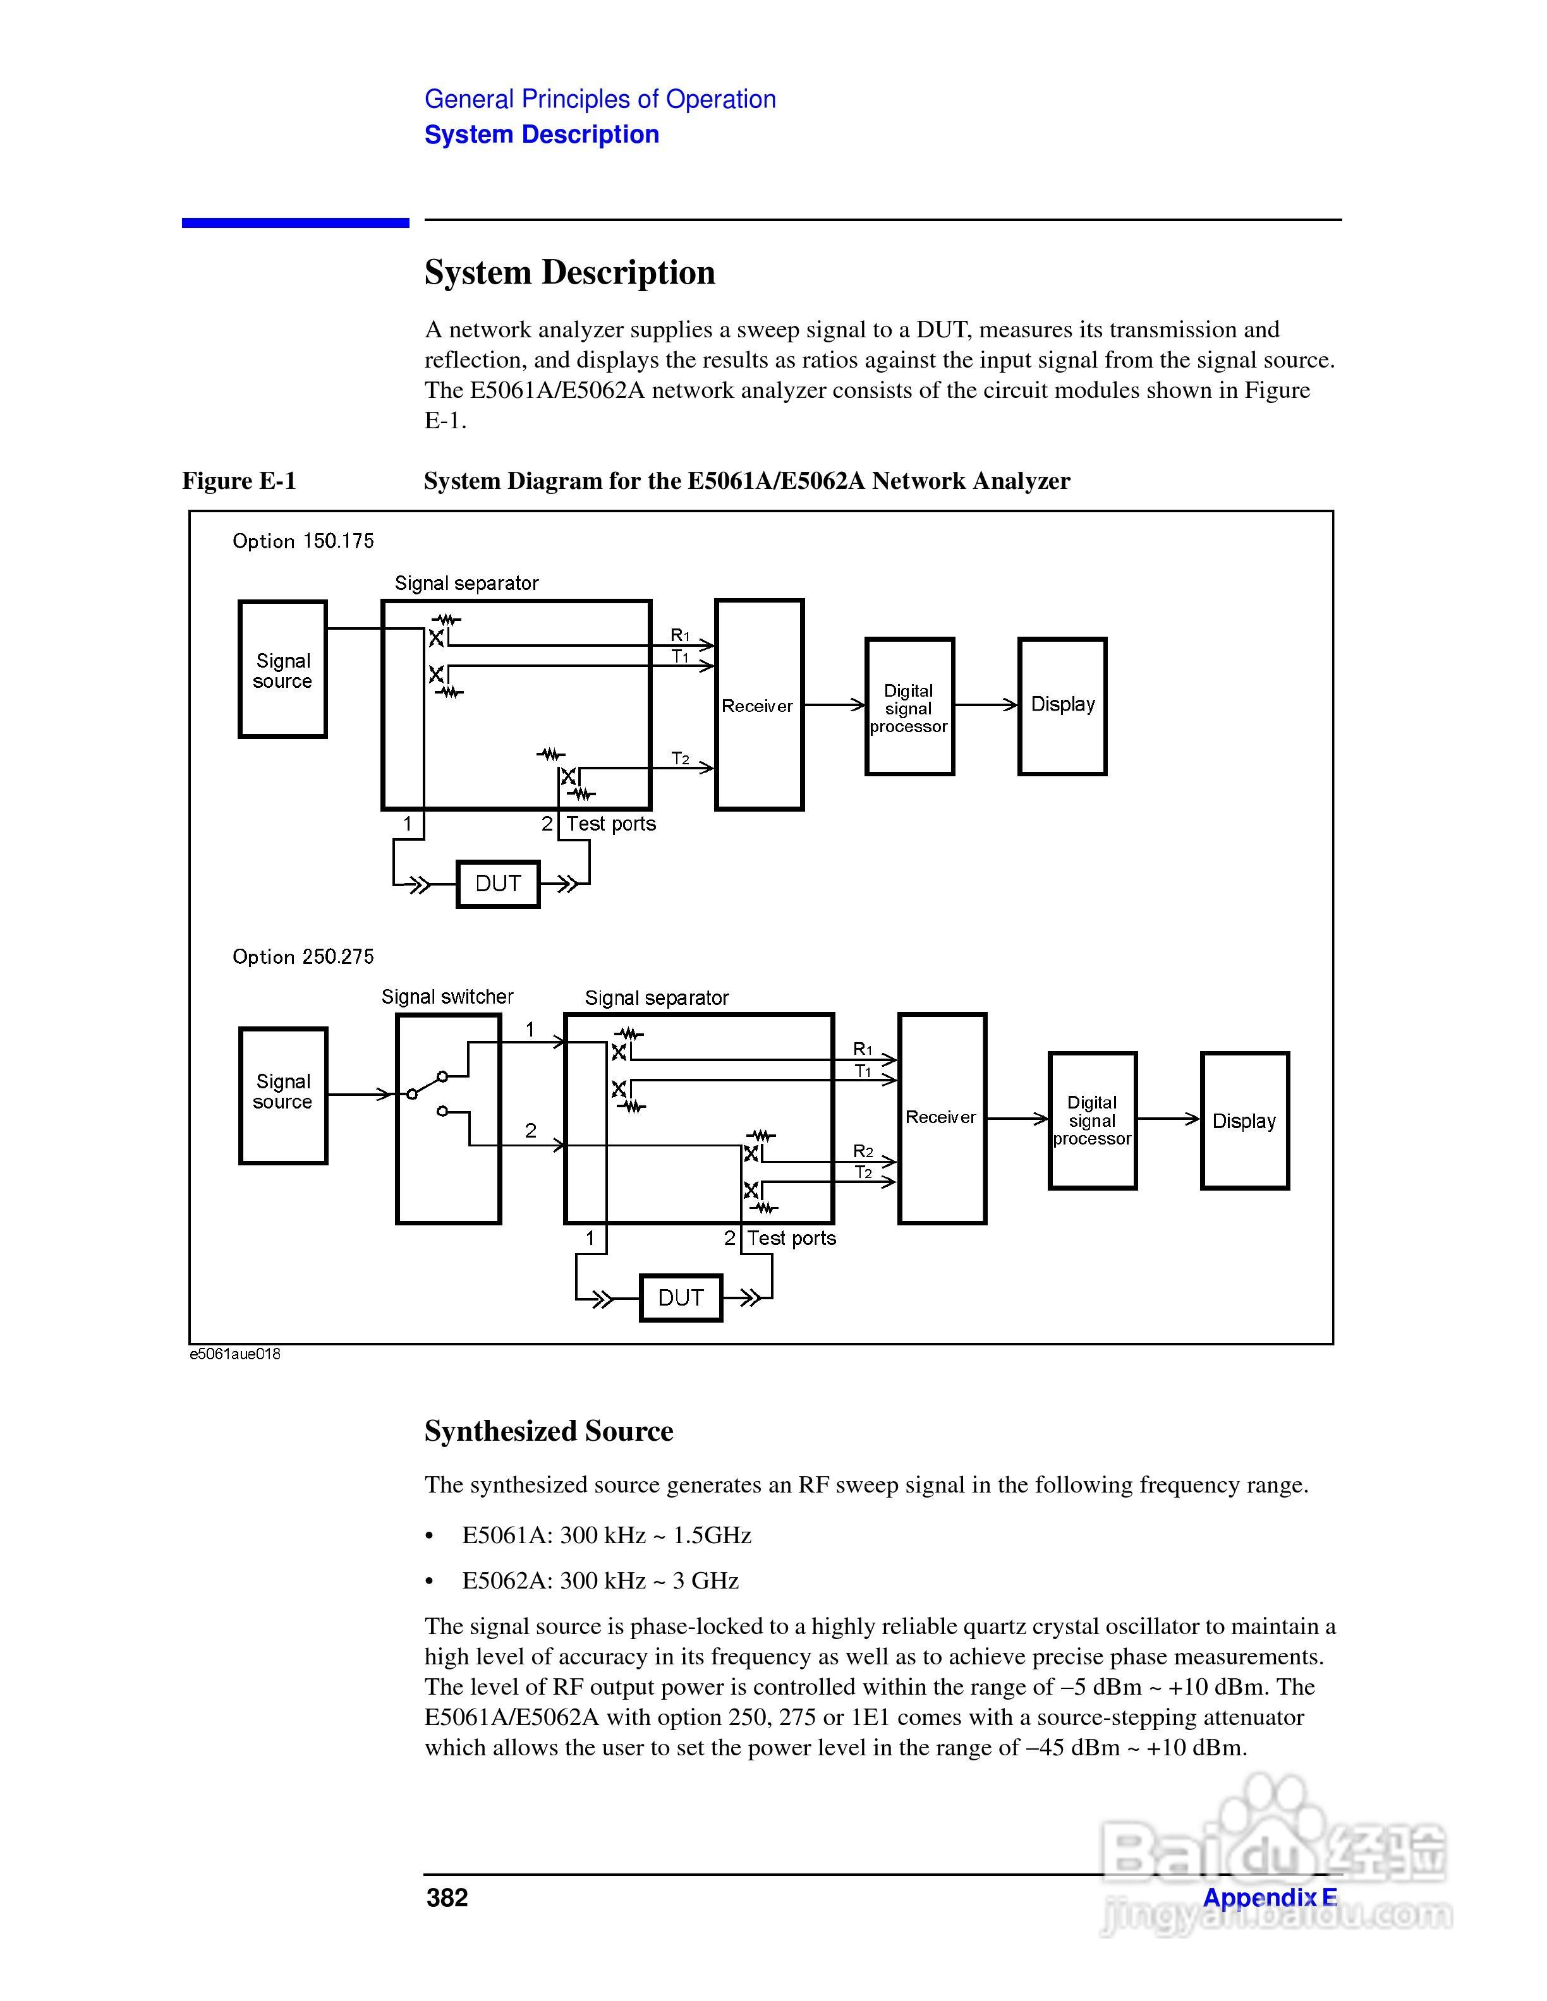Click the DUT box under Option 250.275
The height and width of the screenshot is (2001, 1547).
click(680, 1297)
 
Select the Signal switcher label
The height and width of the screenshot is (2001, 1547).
click(447, 997)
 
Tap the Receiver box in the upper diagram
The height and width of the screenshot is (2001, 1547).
click(759, 706)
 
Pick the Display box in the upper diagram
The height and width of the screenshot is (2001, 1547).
click(1062, 706)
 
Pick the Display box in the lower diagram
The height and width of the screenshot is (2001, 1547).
click(1244, 1121)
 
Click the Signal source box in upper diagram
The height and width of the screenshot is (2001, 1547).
click(282, 670)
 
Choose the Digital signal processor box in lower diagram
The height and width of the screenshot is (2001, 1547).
click(1093, 1121)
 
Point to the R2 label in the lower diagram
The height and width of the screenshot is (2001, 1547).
click(863, 1151)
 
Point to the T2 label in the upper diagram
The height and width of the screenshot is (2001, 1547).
click(680, 759)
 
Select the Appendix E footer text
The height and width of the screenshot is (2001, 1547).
click(1270, 1897)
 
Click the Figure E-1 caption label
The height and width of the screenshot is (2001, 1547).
click(240, 481)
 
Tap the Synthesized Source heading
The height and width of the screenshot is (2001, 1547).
click(548, 1431)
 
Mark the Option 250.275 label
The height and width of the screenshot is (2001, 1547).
click(303, 956)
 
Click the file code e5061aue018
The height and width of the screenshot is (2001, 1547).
click(234, 1354)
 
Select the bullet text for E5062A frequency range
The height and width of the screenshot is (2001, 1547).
click(600, 1580)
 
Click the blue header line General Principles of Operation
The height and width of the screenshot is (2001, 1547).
click(600, 99)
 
